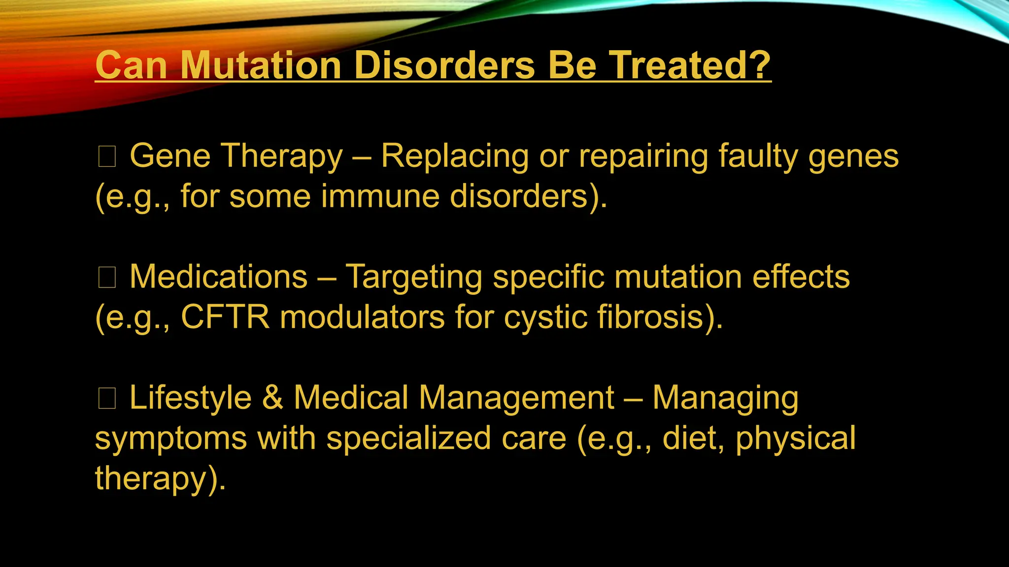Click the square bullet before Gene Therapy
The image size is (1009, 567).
107,157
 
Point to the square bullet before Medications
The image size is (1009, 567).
107,278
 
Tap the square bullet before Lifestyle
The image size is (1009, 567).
107,398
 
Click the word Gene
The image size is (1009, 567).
170,156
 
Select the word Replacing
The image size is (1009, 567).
455,157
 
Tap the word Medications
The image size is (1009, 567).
218,277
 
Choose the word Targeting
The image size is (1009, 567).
414,278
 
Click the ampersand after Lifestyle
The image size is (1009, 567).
272,398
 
